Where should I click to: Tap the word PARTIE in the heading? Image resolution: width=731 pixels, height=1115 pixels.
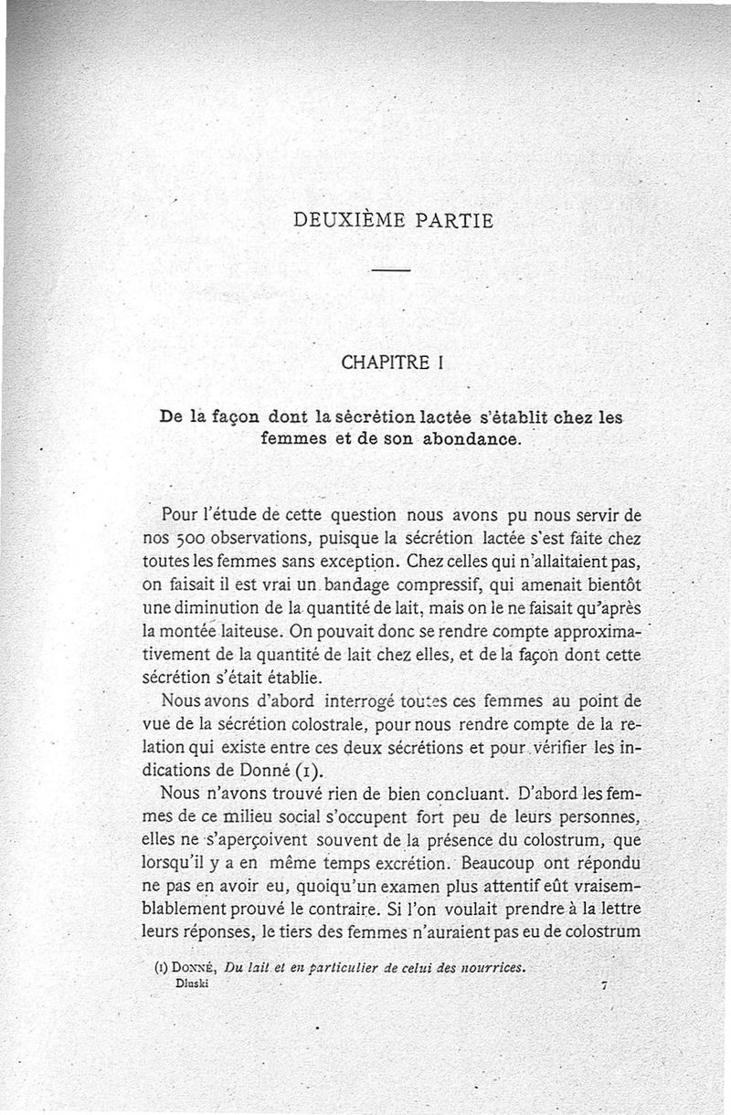pos(452,220)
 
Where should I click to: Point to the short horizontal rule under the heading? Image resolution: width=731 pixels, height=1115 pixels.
pos(391,271)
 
